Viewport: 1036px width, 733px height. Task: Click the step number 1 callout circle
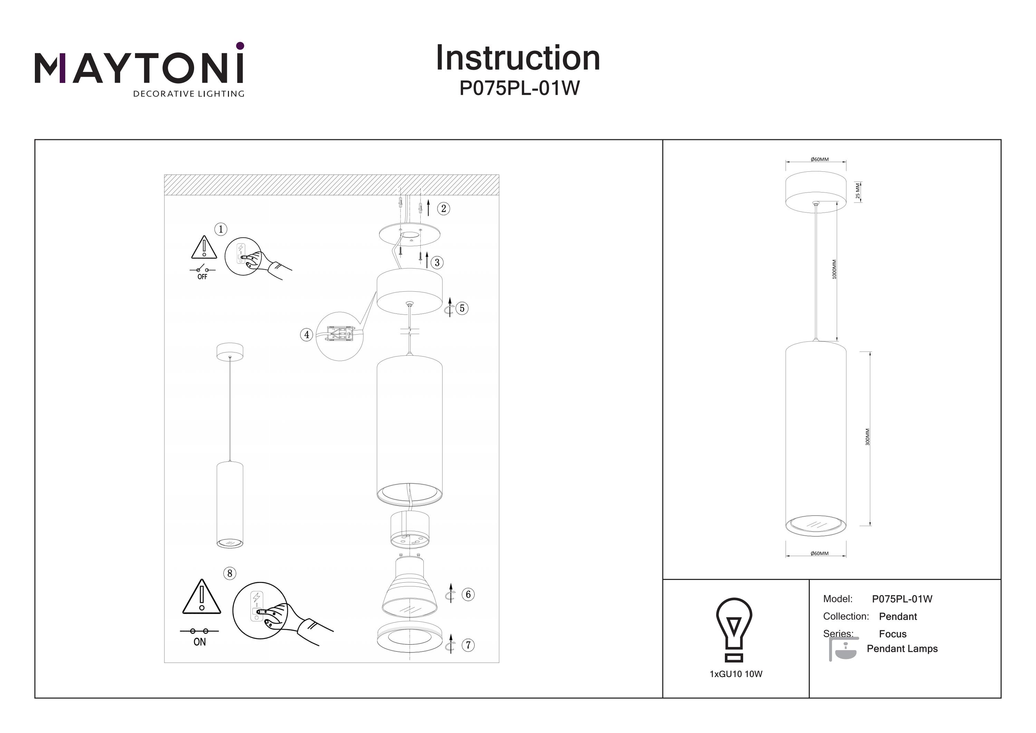point(221,229)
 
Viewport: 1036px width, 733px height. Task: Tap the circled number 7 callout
point(468,645)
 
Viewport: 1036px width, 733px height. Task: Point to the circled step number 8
point(230,574)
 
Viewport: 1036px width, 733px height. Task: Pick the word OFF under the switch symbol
point(202,277)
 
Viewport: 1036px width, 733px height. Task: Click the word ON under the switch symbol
point(200,642)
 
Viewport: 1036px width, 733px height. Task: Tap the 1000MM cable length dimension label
point(834,269)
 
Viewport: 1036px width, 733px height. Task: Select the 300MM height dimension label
point(867,437)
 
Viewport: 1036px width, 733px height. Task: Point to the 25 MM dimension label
point(858,191)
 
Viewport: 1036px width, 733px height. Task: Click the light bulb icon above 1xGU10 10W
point(734,629)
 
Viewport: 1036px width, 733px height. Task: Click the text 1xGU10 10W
point(736,674)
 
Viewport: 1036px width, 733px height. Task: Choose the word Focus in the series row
point(892,634)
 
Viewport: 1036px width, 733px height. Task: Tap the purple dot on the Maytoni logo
point(240,46)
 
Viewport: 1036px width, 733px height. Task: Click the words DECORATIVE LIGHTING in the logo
point(189,94)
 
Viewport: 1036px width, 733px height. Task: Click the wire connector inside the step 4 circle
point(339,334)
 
